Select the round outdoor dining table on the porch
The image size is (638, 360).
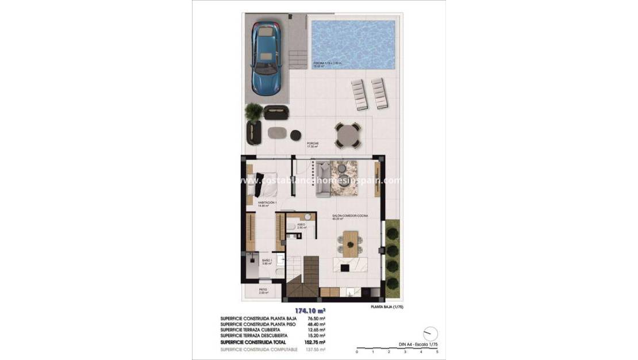click(348, 136)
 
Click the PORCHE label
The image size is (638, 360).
click(313, 144)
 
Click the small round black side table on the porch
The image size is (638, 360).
click(295, 135)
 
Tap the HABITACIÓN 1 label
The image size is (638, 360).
click(267, 202)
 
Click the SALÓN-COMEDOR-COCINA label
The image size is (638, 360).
click(349, 216)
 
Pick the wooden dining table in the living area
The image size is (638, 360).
click(350, 241)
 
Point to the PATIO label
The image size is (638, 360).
click(263, 290)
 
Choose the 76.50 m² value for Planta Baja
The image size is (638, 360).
click(317, 318)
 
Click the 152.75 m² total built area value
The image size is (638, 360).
click(317, 342)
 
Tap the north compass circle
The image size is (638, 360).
click(430, 334)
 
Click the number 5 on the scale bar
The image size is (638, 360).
click(437, 351)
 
